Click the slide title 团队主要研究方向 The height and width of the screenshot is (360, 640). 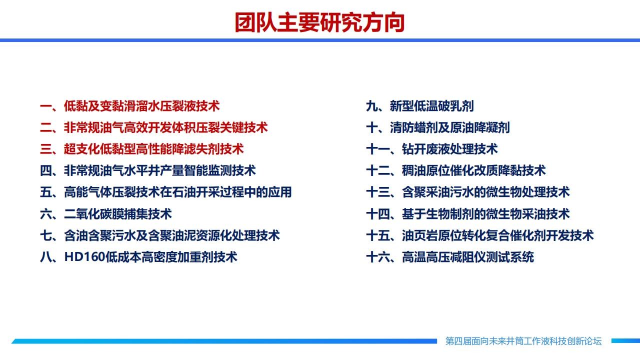coord(319,22)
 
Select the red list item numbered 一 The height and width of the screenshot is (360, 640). coord(130,106)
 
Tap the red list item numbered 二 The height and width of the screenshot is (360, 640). coord(154,127)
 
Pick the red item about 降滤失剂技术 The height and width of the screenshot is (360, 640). coord(142,149)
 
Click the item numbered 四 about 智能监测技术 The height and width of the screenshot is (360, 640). coord(148,170)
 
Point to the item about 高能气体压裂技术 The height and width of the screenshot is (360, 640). coord(166,192)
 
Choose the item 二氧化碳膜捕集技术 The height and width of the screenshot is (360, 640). coord(106,213)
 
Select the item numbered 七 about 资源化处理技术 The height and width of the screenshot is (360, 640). coord(160,235)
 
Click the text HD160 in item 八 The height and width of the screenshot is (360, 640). coord(85,257)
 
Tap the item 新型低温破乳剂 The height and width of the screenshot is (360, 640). coord(420,106)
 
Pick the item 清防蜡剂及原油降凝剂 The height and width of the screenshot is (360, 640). coord(438,127)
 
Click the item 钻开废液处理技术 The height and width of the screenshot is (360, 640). coord(432,149)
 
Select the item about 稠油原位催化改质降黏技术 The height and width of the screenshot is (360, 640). coord(456,170)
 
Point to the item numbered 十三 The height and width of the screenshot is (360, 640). coord(468,192)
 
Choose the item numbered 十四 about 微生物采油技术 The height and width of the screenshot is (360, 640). coord(468,213)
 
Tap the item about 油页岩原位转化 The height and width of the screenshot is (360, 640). coord(480,235)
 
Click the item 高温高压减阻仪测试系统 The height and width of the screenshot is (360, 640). coord(450,257)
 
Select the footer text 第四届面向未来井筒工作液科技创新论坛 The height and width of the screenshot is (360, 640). coord(523,341)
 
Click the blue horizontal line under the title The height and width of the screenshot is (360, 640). coord(320,40)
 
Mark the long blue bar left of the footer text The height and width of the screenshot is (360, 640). coord(224,341)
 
